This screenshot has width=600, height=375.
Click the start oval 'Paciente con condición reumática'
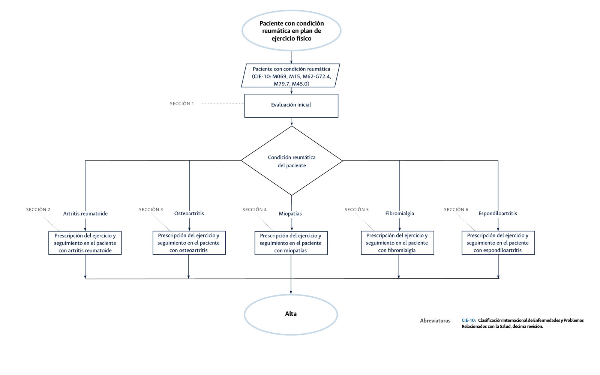coord(291,31)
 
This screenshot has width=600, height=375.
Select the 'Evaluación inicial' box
coord(291,105)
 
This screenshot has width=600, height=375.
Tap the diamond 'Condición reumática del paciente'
coord(291,161)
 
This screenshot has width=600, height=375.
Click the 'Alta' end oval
coord(291,314)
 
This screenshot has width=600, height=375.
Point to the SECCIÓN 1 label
coord(182,104)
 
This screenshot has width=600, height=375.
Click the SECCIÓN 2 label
coord(38,210)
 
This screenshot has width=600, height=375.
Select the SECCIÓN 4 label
coord(254,210)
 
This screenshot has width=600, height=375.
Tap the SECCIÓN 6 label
coord(456,210)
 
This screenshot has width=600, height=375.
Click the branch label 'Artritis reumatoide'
coord(85,214)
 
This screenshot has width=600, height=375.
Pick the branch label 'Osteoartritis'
coord(189,213)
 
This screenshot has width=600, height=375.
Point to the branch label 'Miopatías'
coord(290,214)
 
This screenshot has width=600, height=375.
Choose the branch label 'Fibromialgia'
coord(399,213)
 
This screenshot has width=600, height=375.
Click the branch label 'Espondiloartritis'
coord(498,213)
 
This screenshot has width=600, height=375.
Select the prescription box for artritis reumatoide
coord(85,243)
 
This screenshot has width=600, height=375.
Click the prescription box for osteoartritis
coord(189,243)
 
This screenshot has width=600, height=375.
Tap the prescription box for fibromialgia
coord(397,243)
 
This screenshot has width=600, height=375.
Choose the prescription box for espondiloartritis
coord(498,243)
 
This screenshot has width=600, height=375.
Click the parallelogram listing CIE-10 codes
coord(291,76)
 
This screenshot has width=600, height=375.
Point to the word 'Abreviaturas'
coord(435,321)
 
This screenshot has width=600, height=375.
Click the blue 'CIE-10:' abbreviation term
coord(468,320)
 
